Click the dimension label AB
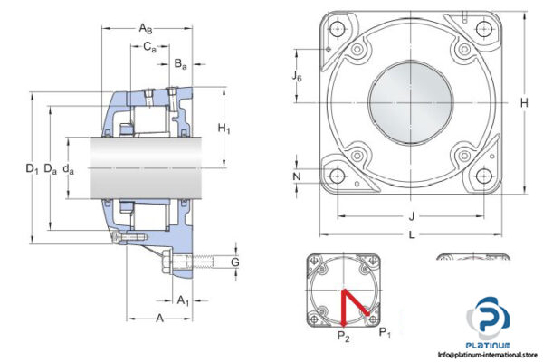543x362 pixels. click(146, 29)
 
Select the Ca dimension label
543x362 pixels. click(149, 48)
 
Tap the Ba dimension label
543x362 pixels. click(180, 64)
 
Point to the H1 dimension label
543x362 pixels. click(224, 130)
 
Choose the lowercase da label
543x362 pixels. click(69, 168)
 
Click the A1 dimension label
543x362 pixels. click(182, 300)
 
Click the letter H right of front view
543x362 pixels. click(523, 104)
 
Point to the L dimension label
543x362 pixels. click(412, 235)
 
